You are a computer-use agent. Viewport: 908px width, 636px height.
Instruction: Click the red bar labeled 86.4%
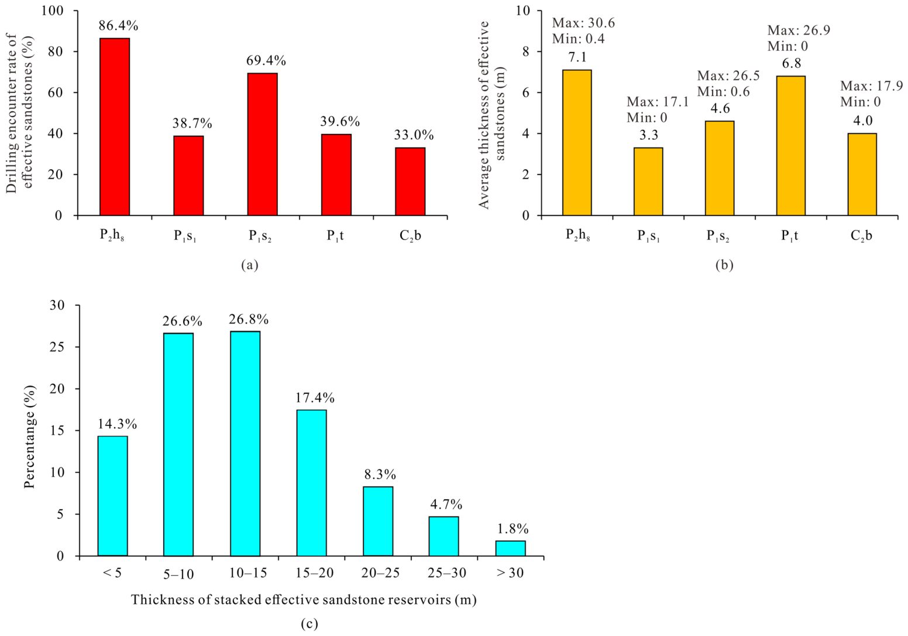click(115, 126)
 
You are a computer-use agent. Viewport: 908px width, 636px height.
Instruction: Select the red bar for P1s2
click(263, 144)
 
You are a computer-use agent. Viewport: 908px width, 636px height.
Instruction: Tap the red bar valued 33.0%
click(410, 181)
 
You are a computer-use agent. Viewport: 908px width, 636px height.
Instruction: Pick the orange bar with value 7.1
click(577, 142)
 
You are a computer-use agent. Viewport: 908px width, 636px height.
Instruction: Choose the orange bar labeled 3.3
click(648, 181)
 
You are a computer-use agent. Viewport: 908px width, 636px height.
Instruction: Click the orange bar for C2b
click(862, 174)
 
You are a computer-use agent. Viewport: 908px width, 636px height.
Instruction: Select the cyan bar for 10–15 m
click(245, 444)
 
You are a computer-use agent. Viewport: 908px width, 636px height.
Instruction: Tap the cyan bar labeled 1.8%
click(510, 548)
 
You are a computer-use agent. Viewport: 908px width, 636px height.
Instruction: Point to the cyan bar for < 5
click(113, 496)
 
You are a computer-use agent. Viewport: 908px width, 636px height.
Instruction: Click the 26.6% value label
click(183, 321)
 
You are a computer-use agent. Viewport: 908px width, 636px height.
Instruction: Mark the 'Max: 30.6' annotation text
click(583, 23)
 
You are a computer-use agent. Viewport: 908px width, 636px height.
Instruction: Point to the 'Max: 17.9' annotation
click(872, 86)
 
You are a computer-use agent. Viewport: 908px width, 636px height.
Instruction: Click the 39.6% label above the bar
click(340, 121)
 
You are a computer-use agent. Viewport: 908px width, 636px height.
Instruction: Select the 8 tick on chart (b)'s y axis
click(526, 52)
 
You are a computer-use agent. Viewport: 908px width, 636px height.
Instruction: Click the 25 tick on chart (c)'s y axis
click(59, 347)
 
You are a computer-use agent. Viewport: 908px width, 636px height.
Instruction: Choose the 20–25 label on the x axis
click(380, 573)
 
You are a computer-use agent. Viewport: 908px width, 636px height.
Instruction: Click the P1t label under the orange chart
click(790, 236)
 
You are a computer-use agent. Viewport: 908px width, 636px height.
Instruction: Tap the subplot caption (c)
click(309, 624)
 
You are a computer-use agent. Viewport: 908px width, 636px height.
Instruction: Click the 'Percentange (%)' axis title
click(29, 436)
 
